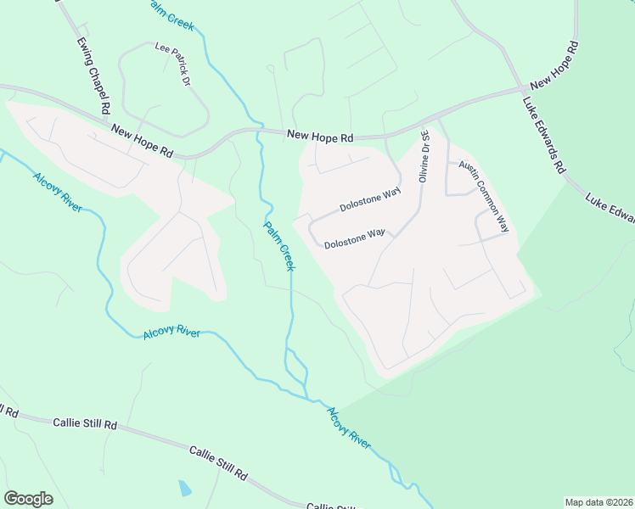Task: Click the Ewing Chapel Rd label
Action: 93,75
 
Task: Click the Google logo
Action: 28,499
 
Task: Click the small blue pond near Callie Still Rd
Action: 184,489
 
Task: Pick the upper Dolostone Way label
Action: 369,200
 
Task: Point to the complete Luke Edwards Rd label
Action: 544,136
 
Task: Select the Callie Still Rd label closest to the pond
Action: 217,462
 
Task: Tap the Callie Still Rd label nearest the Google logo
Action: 84,422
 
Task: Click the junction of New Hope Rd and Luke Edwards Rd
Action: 521,89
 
